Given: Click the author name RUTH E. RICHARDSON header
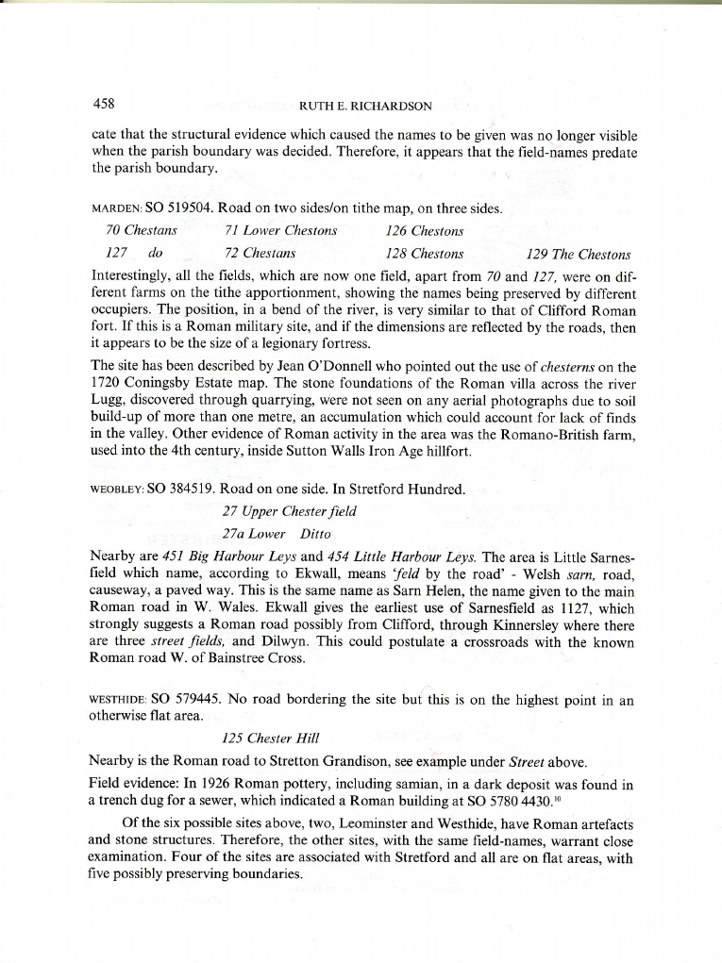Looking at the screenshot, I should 364,106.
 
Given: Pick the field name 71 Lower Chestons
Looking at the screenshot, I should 281,231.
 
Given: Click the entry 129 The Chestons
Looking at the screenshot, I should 579,254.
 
